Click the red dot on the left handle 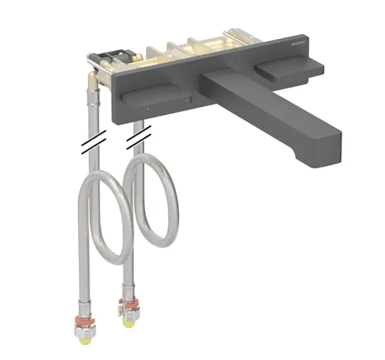(x=148, y=107)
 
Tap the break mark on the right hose (x=139, y=135)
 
